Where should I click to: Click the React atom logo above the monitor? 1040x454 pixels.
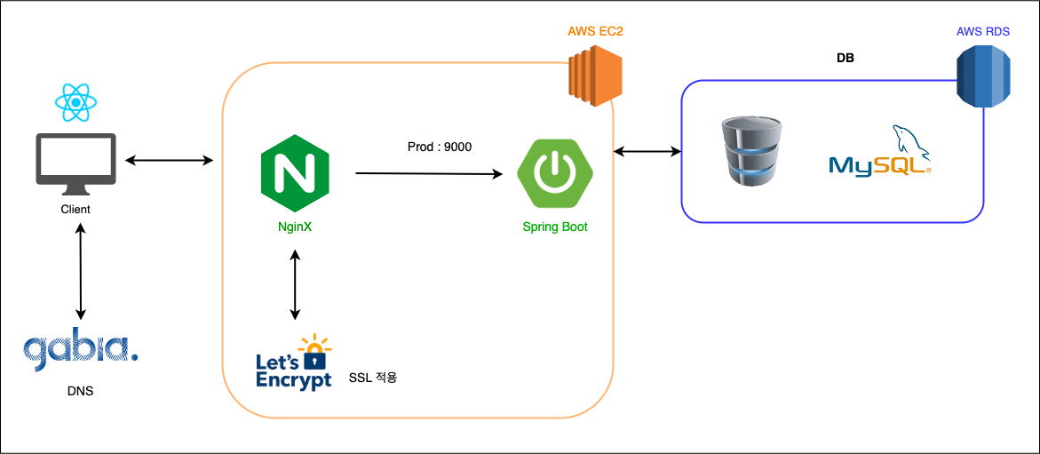[x=75, y=102]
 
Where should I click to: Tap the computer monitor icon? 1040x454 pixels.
[x=75, y=165]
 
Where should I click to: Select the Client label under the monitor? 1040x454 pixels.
[x=75, y=211]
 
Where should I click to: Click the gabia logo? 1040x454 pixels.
[x=81, y=352]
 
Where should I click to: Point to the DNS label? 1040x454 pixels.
[x=80, y=391]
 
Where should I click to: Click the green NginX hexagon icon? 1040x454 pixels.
[x=295, y=173]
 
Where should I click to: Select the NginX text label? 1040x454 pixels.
[x=295, y=227]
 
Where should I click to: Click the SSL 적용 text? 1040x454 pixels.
[x=372, y=378]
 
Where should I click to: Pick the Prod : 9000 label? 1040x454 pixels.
[x=439, y=147]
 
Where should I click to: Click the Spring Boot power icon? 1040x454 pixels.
[x=555, y=174]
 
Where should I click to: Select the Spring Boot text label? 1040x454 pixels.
[x=555, y=227]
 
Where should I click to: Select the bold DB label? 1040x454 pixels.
[x=845, y=59]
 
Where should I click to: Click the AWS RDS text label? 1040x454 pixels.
[x=982, y=33]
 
